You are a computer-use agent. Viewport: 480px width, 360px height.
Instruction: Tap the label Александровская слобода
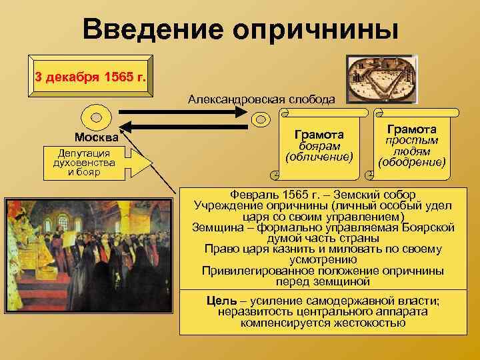(x=261, y=99)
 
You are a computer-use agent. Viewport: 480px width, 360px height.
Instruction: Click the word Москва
(x=97, y=138)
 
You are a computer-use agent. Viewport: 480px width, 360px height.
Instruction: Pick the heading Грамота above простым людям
(x=411, y=129)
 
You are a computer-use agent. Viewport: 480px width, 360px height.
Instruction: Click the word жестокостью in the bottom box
(x=369, y=323)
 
